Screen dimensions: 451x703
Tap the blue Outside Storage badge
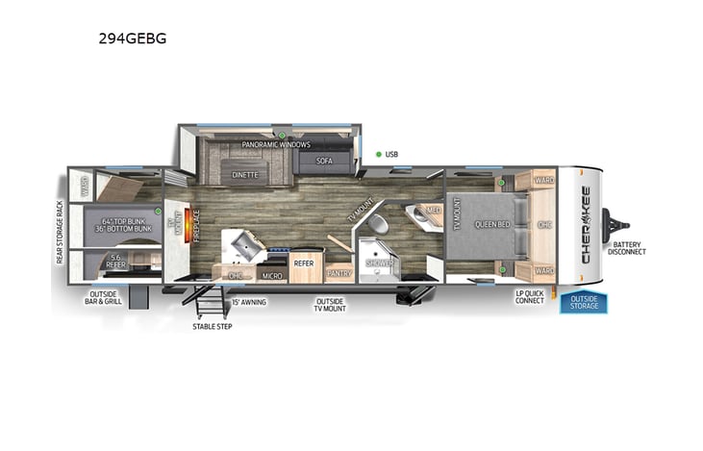[585, 302]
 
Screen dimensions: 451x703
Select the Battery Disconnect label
[628, 247]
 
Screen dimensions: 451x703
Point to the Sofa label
[324, 161]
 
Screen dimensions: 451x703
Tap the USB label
[391, 154]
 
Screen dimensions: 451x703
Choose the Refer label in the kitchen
[304, 262]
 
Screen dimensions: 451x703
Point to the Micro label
[271, 276]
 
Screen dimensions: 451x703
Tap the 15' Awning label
[248, 302]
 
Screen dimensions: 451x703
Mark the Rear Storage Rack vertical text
[60, 232]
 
